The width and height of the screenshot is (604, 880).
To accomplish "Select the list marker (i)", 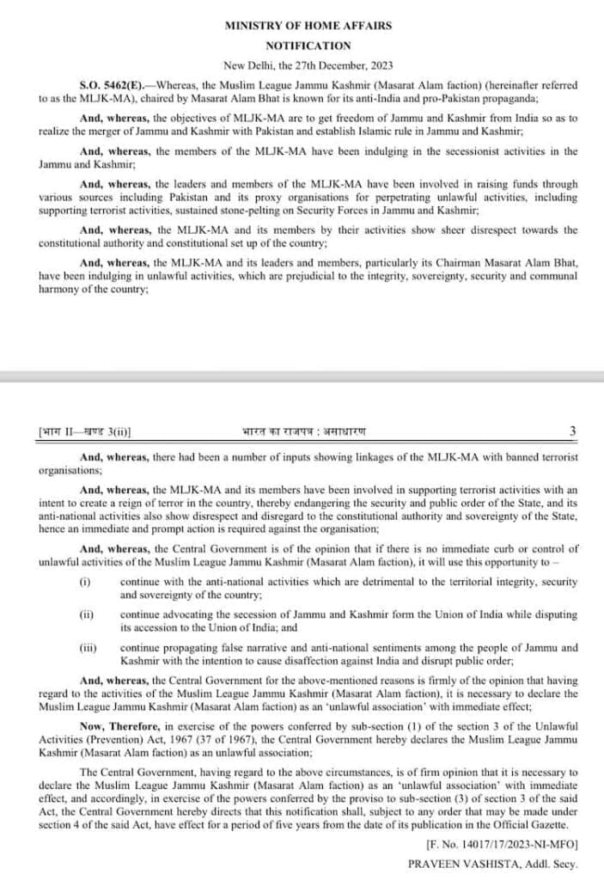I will tap(85, 582).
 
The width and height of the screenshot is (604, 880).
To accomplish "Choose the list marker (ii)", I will tap(86, 615).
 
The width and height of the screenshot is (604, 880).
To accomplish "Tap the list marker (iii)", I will tap(88, 648).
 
